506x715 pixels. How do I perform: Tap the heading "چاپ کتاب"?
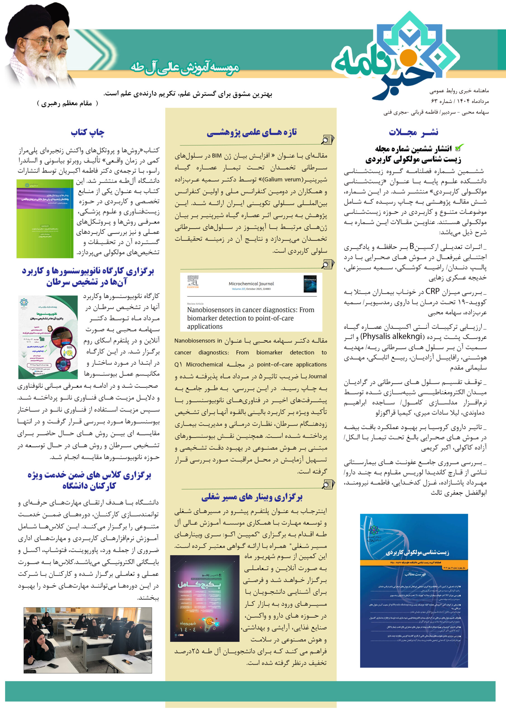[88, 132]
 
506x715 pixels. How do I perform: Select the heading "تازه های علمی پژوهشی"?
[252, 132]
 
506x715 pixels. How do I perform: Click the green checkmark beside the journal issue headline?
[459, 148]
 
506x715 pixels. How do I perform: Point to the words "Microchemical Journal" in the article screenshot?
[251, 284]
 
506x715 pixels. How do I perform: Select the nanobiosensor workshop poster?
[48, 337]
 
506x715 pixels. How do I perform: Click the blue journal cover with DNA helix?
[414, 591]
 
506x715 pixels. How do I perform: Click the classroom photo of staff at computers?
[88, 640]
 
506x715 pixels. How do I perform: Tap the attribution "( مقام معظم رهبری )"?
[67, 103]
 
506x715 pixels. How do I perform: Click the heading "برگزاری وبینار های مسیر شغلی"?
[252, 497]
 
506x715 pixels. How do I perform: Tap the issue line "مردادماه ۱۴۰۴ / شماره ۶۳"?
[460, 101]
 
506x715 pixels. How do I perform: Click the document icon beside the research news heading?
[327, 140]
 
